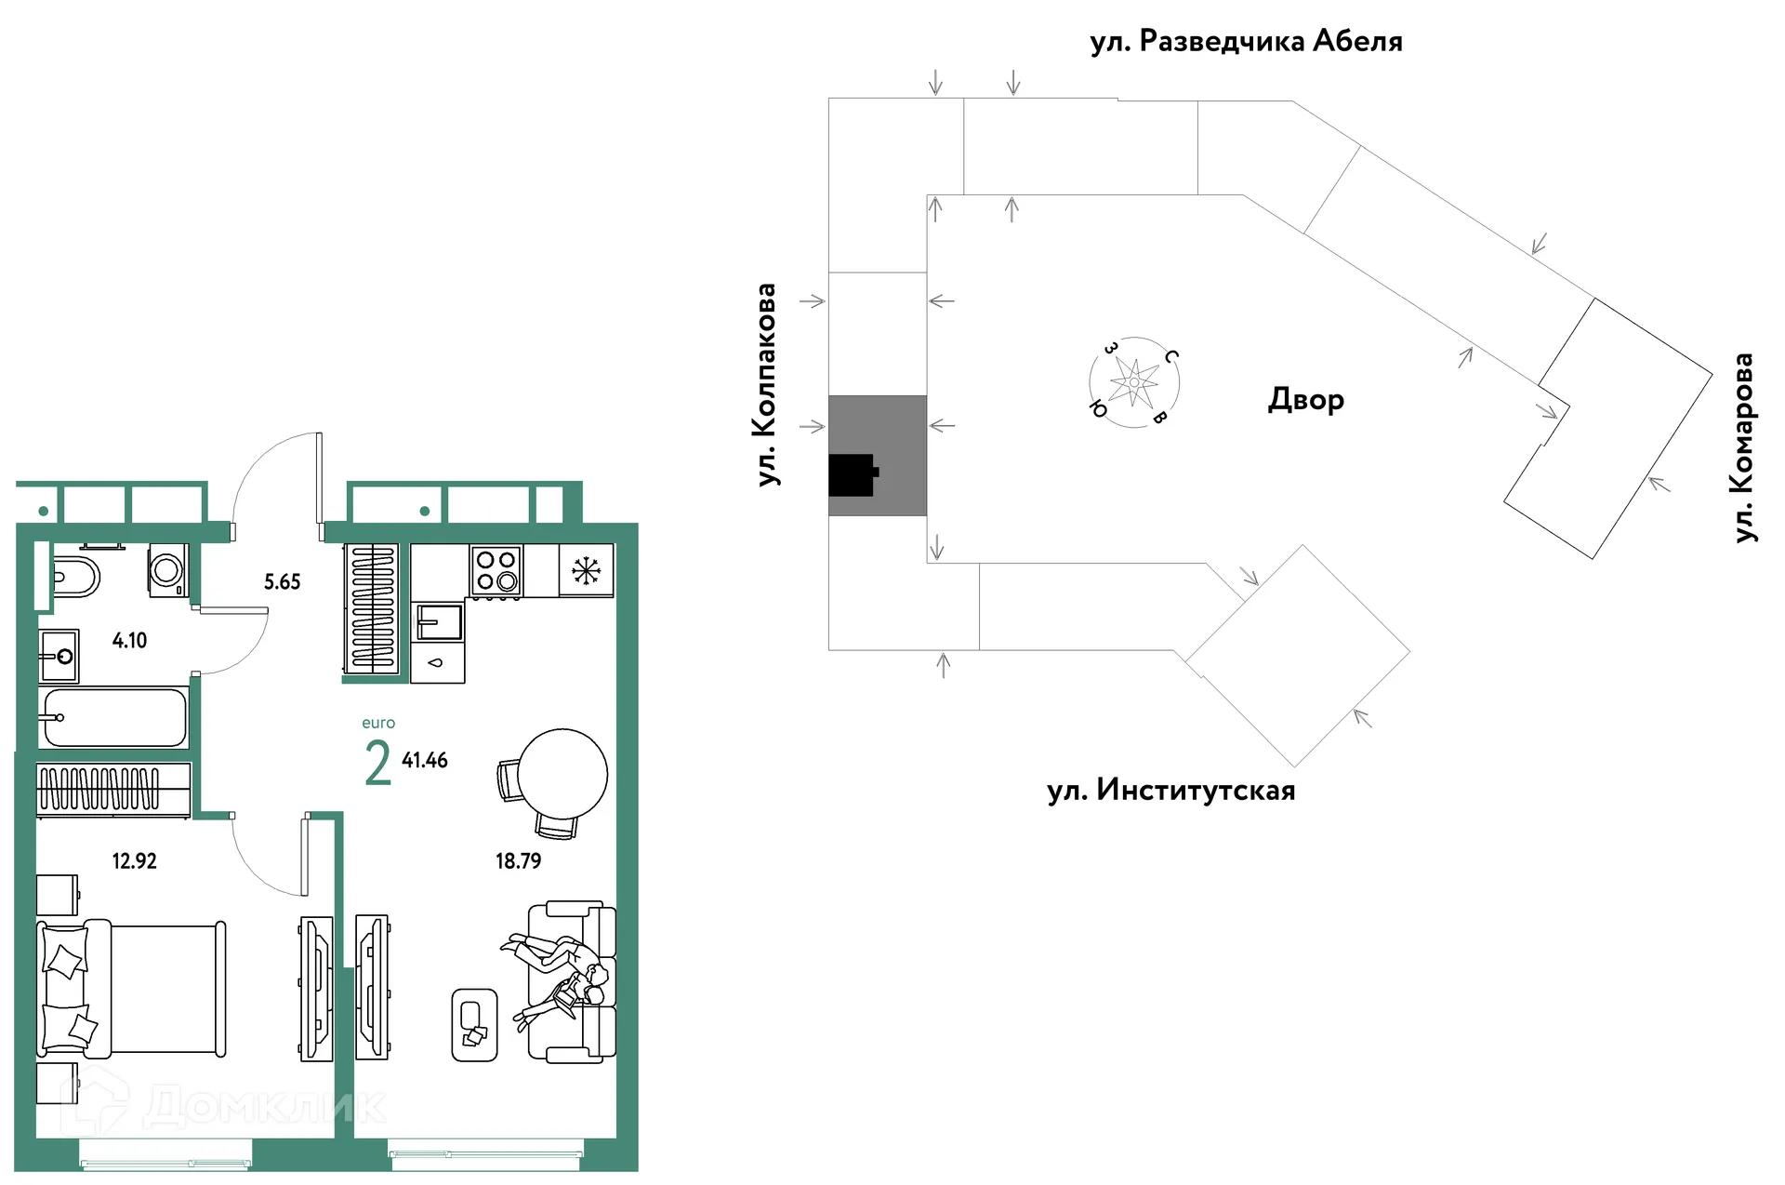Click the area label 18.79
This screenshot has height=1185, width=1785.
pyautogui.click(x=518, y=861)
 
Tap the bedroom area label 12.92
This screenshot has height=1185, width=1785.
pyautogui.click(x=134, y=861)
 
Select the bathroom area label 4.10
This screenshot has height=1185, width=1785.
pyautogui.click(x=129, y=641)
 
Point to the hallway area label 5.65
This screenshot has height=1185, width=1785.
pyautogui.click(x=282, y=582)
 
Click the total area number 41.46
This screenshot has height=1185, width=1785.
pyautogui.click(x=425, y=761)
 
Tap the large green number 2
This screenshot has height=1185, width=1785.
pyautogui.click(x=377, y=765)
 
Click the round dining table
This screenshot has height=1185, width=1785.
pyautogui.click(x=562, y=774)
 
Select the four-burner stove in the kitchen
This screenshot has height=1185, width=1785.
pyautogui.click(x=496, y=570)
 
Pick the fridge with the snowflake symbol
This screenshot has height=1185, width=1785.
pyautogui.click(x=586, y=570)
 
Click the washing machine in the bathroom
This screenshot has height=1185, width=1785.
pyautogui.click(x=168, y=569)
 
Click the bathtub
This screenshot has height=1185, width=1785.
pyautogui.click(x=114, y=717)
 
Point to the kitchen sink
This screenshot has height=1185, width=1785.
pyautogui.click(x=439, y=622)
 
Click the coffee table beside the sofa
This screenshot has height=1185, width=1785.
pyautogui.click(x=474, y=1025)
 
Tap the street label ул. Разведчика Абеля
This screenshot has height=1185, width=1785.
pyautogui.click(x=1246, y=42)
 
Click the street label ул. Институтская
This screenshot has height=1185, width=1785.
pyautogui.click(x=1170, y=791)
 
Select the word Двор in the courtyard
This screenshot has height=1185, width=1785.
pyautogui.click(x=1305, y=400)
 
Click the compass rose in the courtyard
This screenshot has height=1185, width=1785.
pyautogui.click(x=1134, y=382)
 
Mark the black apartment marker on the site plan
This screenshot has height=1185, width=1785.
pyautogui.click(x=853, y=474)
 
